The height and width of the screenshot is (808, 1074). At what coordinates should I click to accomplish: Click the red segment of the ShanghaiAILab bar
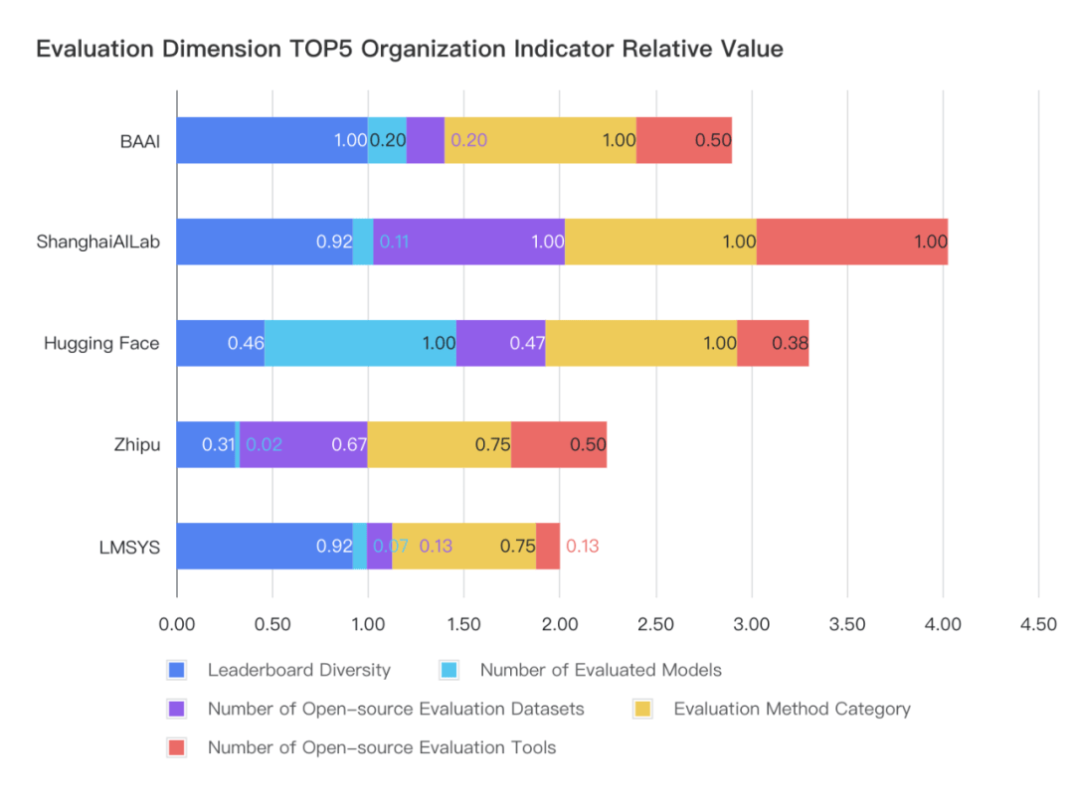pyautogui.click(x=851, y=242)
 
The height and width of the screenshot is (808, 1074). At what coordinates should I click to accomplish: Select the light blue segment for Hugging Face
pyautogui.click(x=360, y=343)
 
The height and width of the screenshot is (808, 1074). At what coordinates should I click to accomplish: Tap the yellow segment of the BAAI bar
pyautogui.click(x=540, y=140)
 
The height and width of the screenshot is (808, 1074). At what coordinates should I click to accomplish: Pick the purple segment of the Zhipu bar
pyautogui.click(x=303, y=444)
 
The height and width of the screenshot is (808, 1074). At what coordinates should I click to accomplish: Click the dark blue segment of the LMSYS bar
pyautogui.click(x=265, y=546)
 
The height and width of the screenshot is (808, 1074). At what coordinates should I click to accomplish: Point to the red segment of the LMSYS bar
pyautogui.click(x=548, y=546)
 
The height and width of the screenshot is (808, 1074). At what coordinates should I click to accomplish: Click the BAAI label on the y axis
pyautogui.click(x=140, y=140)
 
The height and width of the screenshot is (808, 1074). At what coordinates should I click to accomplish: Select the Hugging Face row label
pyautogui.click(x=101, y=343)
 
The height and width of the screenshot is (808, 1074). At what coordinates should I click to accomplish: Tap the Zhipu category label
pyautogui.click(x=136, y=444)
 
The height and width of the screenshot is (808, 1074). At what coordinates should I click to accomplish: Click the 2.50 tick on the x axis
pyautogui.click(x=655, y=624)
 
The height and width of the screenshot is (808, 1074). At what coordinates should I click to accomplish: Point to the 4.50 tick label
pyautogui.click(x=1038, y=624)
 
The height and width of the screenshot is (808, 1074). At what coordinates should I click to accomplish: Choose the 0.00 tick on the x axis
pyautogui.click(x=177, y=624)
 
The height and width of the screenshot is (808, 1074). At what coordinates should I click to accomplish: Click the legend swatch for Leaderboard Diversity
pyautogui.click(x=178, y=670)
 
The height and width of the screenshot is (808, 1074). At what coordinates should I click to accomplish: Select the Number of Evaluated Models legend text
pyautogui.click(x=601, y=670)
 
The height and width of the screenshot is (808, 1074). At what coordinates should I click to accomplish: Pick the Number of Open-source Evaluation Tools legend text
pyautogui.click(x=382, y=747)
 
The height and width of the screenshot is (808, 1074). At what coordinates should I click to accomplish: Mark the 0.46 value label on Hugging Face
pyautogui.click(x=246, y=344)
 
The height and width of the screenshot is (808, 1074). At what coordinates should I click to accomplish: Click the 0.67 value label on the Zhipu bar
pyautogui.click(x=349, y=445)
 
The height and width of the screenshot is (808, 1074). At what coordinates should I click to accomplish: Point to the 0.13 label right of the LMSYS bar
pyautogui.click(x=582, y=547)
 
